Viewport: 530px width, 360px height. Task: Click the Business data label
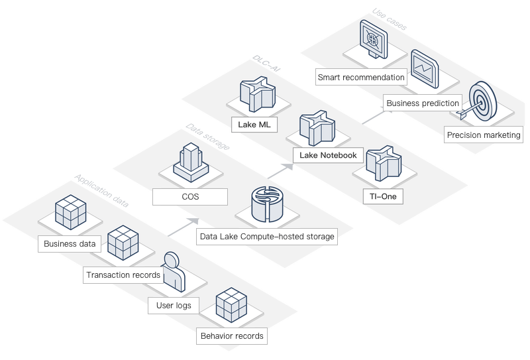coord(70,244)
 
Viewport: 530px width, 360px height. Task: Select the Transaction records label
coord(123,274)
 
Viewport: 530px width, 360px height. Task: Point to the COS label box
coord(189,197)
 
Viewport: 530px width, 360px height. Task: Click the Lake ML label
coord(252,124)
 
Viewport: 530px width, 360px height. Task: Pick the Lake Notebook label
coord(328,155)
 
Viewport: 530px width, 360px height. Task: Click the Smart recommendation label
coord(361,78)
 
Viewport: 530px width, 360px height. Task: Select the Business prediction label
coord(423,103)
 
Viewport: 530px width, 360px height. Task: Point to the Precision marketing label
coord(484,135)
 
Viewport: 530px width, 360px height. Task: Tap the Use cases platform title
coord(390,19)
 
